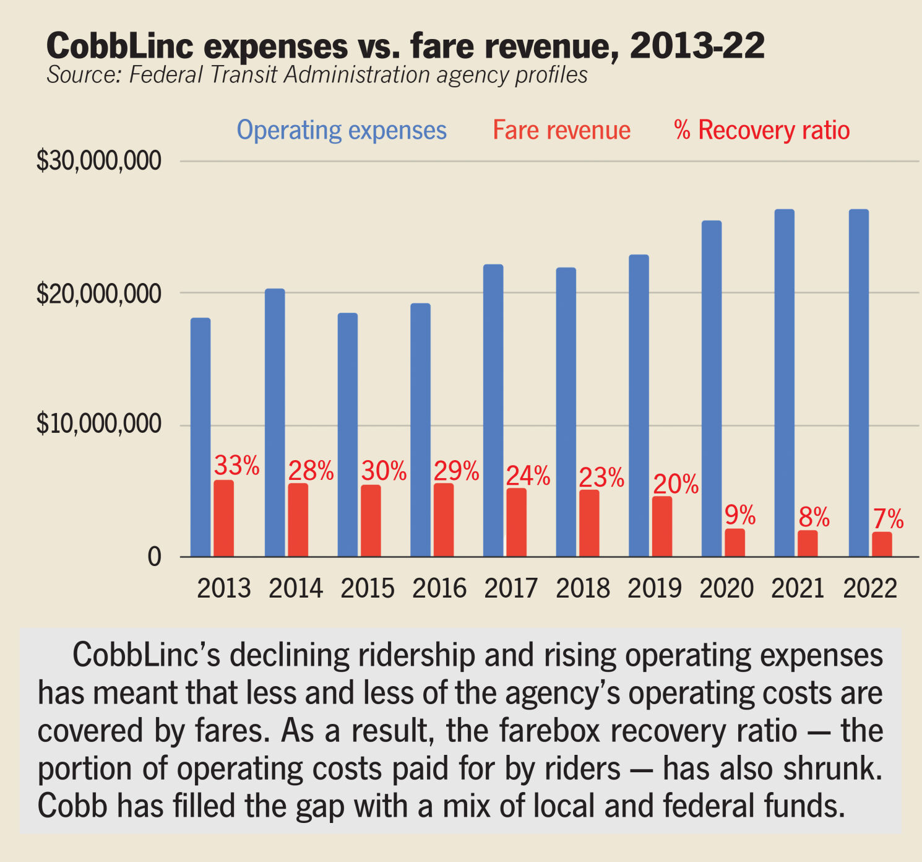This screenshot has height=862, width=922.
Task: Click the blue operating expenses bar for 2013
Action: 200,437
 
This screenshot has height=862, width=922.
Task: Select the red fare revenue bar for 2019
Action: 661,526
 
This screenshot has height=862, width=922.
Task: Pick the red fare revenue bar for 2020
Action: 735,542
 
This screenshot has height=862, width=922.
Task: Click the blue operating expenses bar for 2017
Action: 493,410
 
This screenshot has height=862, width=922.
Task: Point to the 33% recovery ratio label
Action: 236,465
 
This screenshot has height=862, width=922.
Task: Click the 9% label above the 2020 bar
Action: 740,515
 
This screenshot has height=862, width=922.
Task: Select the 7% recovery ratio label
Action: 888,519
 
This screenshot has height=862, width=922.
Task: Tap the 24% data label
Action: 528,475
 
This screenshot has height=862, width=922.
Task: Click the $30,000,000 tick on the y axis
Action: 99,161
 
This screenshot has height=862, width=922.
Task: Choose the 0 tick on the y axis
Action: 154,557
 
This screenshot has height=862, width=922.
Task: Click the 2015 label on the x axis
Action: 368,588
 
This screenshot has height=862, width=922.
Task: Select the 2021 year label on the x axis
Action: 798,588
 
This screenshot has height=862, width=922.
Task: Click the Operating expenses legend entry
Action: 342,130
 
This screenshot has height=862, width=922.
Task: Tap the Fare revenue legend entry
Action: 561,130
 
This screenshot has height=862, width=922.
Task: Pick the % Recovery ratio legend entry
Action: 762,130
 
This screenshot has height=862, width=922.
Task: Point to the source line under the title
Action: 317,75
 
